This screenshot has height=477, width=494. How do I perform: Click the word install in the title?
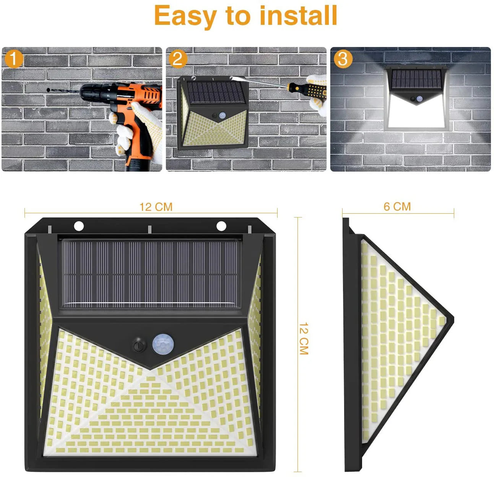(298, 16)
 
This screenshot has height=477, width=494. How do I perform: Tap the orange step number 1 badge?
(14, 59)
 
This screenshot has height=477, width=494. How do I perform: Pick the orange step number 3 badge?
(342, 59)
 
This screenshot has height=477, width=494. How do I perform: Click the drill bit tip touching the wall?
(49, 90)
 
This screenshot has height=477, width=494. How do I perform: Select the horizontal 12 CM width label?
(156, 207)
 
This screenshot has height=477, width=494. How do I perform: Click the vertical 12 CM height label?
(304, 338)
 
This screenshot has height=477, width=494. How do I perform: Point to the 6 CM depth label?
(397, 206)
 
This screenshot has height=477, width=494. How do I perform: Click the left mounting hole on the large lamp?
(79, 226)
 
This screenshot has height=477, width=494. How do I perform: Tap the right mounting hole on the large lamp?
(221, 226)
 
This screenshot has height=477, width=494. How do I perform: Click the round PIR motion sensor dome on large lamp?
(162, 344)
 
